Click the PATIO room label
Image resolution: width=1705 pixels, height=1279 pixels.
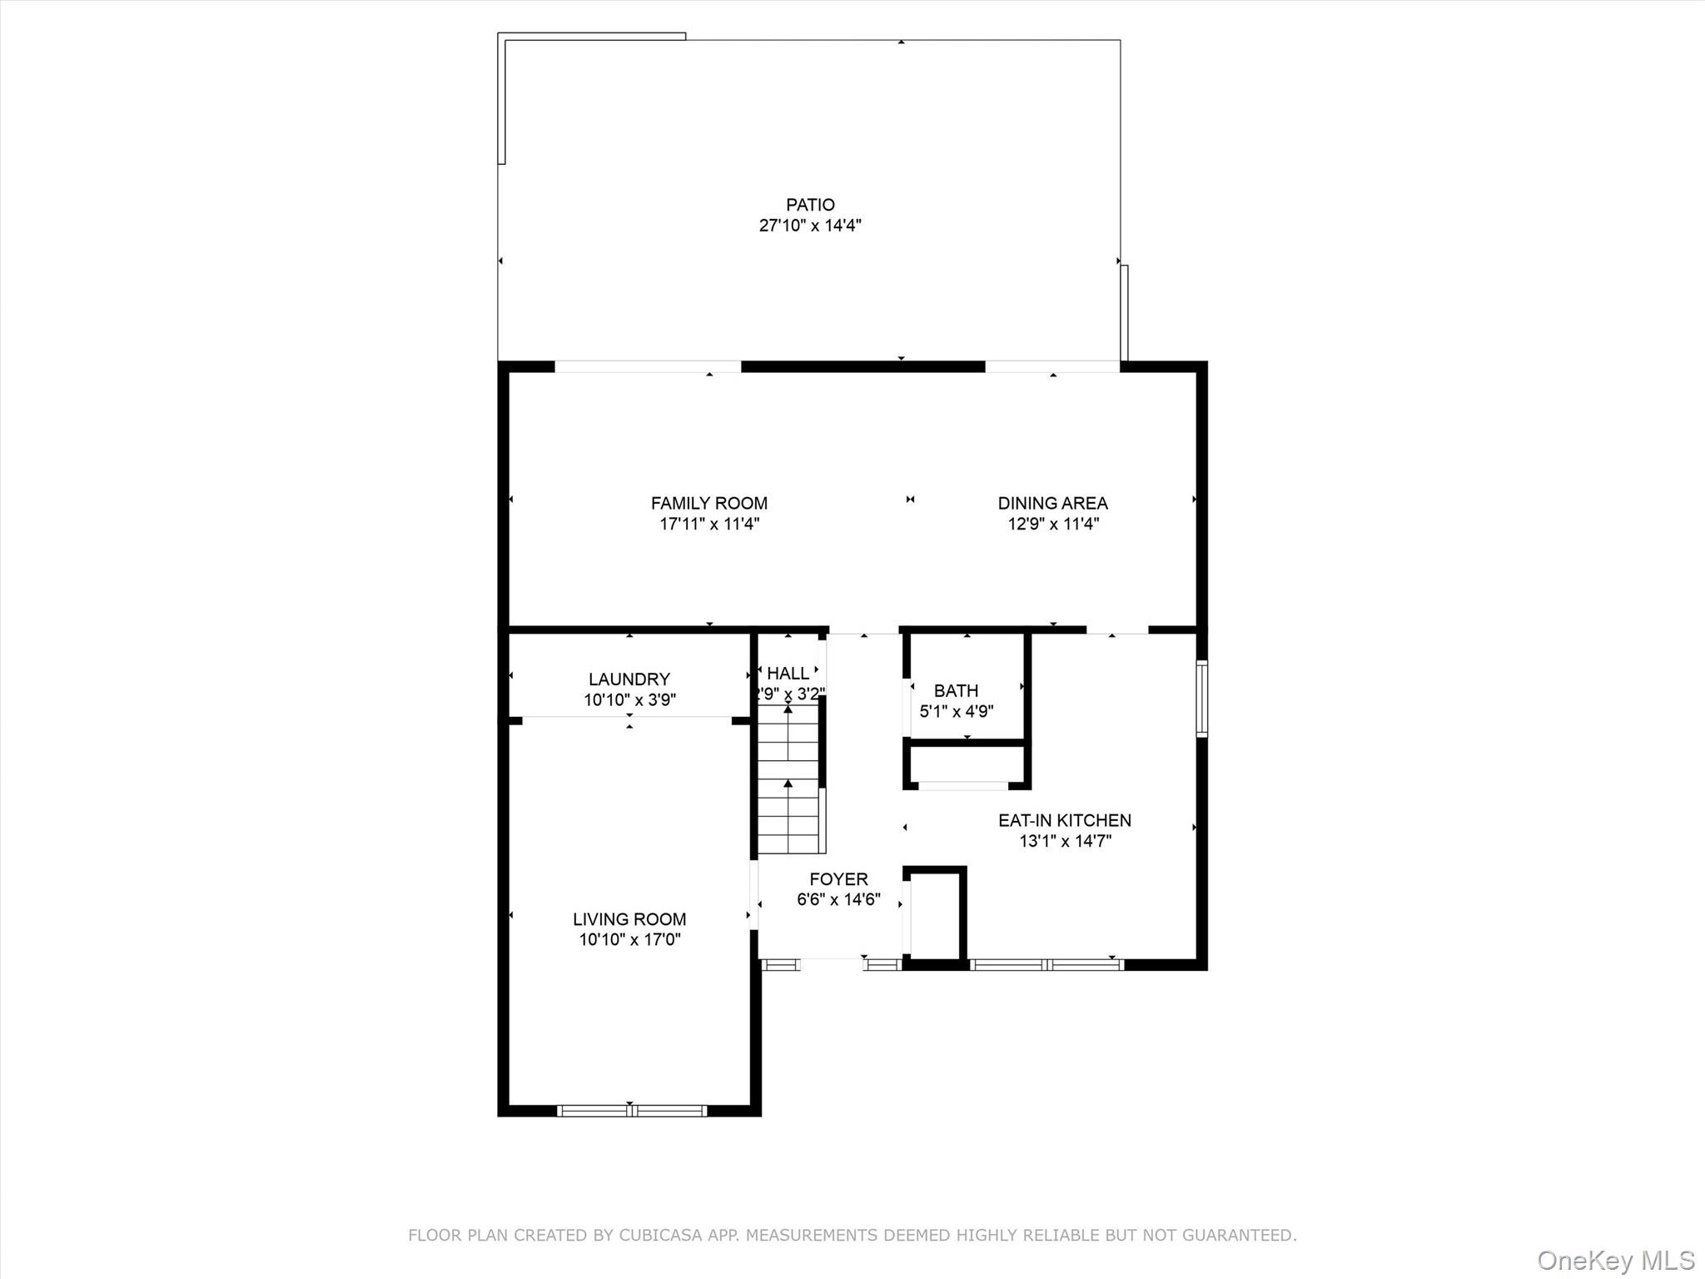click(810, 205)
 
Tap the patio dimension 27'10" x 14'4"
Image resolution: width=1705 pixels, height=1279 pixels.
click(810, 226)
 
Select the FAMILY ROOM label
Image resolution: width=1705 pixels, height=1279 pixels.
click(708, 503)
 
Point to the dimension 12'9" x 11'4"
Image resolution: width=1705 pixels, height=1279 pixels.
click(1053, 524)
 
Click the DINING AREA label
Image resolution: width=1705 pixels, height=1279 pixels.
click(1052, 503)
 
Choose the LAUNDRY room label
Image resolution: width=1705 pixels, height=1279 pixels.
click(629, 679)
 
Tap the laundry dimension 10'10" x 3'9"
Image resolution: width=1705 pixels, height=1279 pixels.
click(629, 700)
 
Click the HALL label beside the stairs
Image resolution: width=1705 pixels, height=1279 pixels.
click(788, 673)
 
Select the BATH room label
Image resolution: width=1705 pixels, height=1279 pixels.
click(956, 690)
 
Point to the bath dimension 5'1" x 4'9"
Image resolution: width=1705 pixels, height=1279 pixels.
click(956, 711)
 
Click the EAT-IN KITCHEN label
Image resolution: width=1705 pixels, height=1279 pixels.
click(1064, 820)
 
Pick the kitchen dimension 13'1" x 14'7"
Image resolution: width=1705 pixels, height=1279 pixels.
click(1065, 841)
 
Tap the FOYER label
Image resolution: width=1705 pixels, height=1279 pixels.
click(838, 879)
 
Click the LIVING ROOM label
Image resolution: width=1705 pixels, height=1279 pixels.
click(629, 919)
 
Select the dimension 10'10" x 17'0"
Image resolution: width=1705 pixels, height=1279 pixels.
click(629, 940)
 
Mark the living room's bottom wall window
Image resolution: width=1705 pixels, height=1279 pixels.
click(631, 1110)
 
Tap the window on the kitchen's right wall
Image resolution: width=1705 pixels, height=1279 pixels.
click(1201, 699)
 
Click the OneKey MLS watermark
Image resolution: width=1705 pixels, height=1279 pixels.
click(1615, 1260)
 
